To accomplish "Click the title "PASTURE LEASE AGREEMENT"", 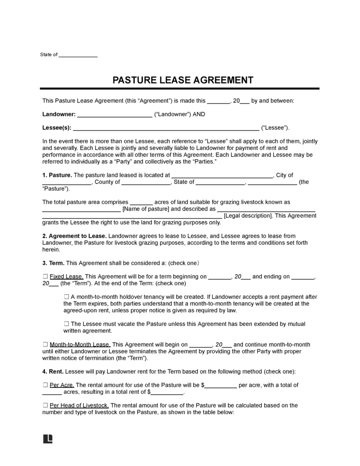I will tap(183, 80).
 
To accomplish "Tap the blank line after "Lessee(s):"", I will tap(166, 128).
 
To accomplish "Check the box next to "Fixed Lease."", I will tap(45, 277).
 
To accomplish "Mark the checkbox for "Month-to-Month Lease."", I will tap(45, 345).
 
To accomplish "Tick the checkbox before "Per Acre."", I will tap(45, 385).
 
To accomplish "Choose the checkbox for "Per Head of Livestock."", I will tap(45, 406).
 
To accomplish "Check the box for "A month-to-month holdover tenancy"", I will tap(66, 297).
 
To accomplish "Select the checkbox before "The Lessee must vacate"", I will tap(66, 324).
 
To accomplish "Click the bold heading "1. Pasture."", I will tap(57, 175).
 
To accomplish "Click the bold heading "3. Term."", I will tap(53, 263).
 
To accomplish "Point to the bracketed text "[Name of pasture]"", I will tap(145, 209).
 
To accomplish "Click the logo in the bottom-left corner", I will tap(48, 439).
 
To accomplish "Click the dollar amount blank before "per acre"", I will tap(221, 385).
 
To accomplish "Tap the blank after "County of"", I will tap(146, 182).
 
